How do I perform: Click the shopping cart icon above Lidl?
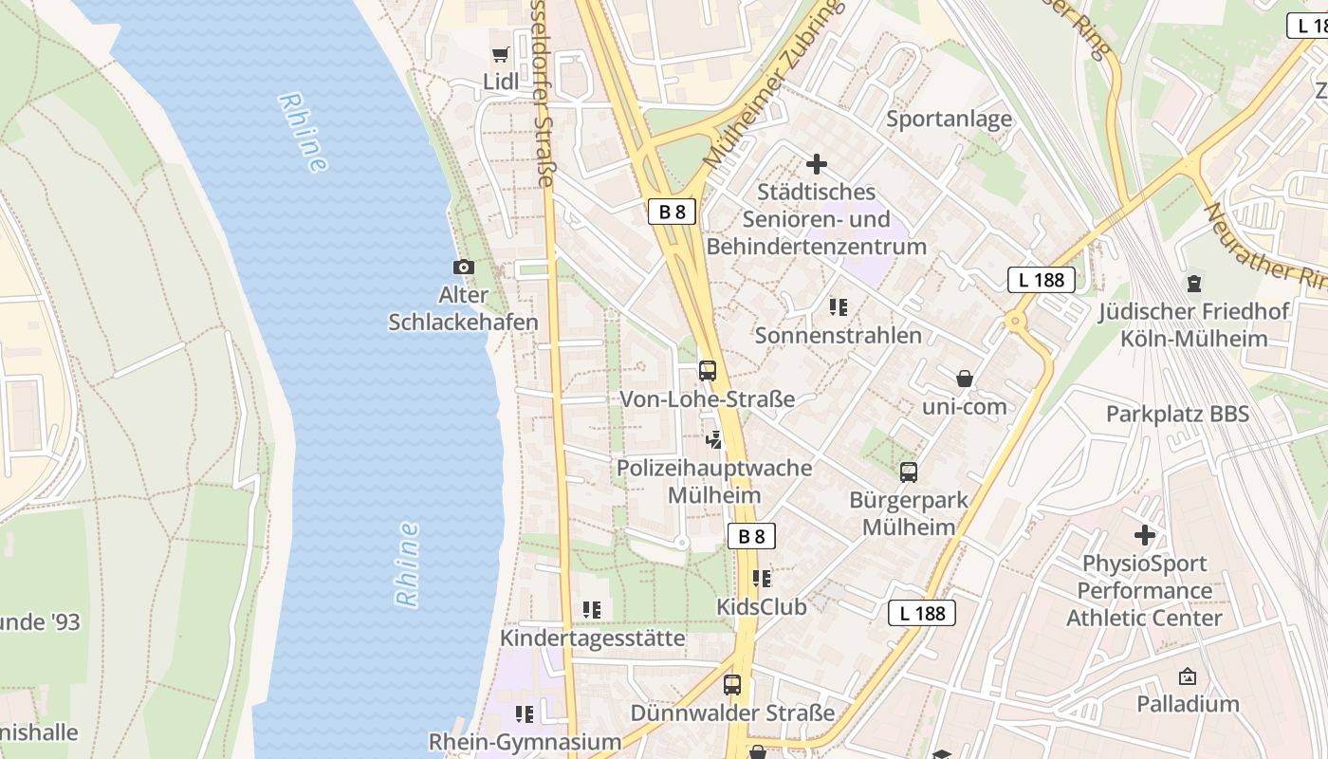coord(500,55)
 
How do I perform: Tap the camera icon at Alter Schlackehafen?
coord(464,268)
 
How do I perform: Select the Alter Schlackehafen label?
coord(464,308)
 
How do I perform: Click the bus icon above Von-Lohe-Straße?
coord(708,370)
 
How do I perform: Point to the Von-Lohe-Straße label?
coord(707,399)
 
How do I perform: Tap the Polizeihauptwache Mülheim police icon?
coord(714,439)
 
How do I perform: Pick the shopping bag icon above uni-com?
coord(965,379)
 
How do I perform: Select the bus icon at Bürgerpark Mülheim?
coord(909,472)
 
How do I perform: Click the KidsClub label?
coord(762,606)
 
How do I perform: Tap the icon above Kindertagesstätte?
coord(593,610)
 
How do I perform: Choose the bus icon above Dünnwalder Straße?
coord(732,684)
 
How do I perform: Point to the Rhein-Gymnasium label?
coord(525,741)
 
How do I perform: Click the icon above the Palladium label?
coord(1188,676)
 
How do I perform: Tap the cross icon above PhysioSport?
coord(1145,535)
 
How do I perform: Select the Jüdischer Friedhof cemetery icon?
coord(1194,283)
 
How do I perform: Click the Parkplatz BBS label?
coord(1177,414)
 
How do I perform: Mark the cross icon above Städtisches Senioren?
coord(816,164)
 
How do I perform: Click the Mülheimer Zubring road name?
coord(772,84)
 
